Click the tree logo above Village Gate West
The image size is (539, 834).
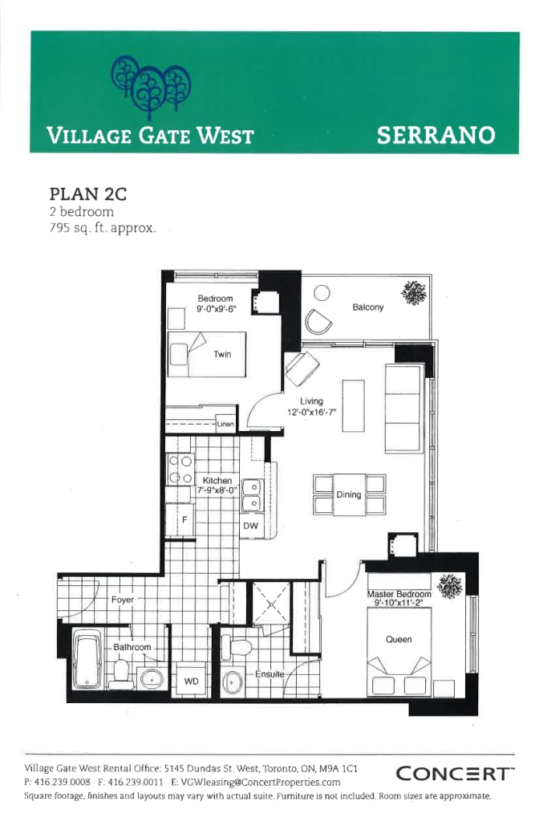tap(151, 86)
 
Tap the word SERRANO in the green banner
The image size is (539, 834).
tap(436, 135)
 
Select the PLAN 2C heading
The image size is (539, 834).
tap(88, 193)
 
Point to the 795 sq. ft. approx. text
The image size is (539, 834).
tap(103, 229)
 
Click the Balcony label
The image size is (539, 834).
tap(367, 307)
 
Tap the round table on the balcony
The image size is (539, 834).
tap(322, 292)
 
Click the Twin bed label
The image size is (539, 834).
tap(222, 354)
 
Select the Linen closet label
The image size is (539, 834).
tap(225, 425)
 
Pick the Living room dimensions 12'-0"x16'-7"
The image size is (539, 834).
tap(311, 412)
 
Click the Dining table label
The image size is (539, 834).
tap(349, 494)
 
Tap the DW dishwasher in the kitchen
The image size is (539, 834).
tap(251, 526)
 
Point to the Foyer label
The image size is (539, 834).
tap(122, 600)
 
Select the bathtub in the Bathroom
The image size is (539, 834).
tap(87, 660)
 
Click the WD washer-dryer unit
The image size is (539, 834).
tap(191, 681)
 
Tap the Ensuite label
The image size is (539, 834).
tap(269, 674)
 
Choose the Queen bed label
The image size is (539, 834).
tap(399, 639)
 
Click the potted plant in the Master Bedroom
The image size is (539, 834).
tap(450, 586)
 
